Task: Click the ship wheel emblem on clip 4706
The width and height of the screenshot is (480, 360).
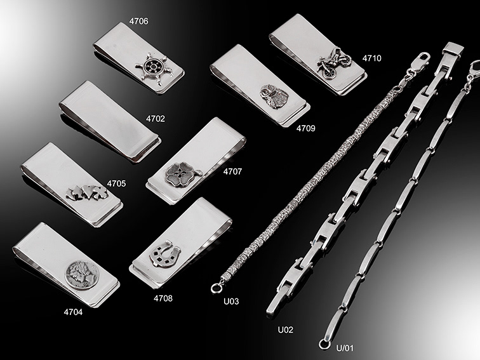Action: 155,69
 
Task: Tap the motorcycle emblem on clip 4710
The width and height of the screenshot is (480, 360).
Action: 334,62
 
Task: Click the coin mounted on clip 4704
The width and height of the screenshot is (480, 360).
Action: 82,275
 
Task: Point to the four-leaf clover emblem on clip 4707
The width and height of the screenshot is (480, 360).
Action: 182,174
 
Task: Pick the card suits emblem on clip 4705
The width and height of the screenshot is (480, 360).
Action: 87,192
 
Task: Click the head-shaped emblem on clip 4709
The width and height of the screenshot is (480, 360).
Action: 274,95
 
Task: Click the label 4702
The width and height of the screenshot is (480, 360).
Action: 155,119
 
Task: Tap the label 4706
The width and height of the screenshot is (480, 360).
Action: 138,21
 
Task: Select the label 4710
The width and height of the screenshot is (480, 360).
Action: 372,58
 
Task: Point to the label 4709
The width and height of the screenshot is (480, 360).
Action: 305,128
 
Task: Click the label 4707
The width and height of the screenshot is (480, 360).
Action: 232,171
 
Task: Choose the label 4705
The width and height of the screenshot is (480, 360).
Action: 116,183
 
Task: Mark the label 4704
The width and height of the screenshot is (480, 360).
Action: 73,312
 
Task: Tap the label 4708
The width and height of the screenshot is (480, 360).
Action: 163,298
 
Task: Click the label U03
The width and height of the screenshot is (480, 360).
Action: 231,302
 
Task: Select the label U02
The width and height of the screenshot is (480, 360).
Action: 285,330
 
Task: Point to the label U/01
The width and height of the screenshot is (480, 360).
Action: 345,348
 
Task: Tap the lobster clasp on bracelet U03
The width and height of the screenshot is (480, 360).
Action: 420,61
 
